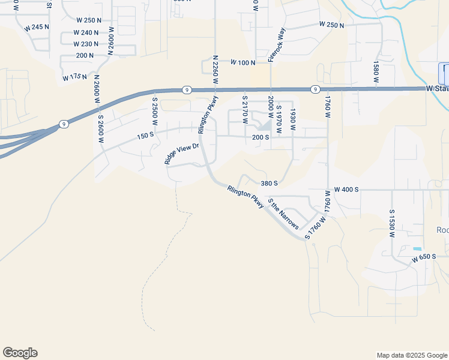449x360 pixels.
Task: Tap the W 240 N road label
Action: (x=86, y=32)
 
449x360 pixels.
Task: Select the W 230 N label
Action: (x=86, y=44)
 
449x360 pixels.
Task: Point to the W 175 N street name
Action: (x=74, y=77)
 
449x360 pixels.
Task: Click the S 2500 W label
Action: (x=155, y=111)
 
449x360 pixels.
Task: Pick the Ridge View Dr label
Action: (x=181, y=153)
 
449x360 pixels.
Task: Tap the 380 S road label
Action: (x=269, y=183)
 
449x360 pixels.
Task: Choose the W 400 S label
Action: (x=346, y=189)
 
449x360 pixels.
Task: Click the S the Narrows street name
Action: (x=283, y=214)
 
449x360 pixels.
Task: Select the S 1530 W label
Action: (x=391, y=224)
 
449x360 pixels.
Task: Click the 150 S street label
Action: (x=145, y=136)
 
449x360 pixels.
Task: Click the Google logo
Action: (x=20, y=353)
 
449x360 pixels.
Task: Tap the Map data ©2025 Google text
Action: (x=411, y=355)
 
